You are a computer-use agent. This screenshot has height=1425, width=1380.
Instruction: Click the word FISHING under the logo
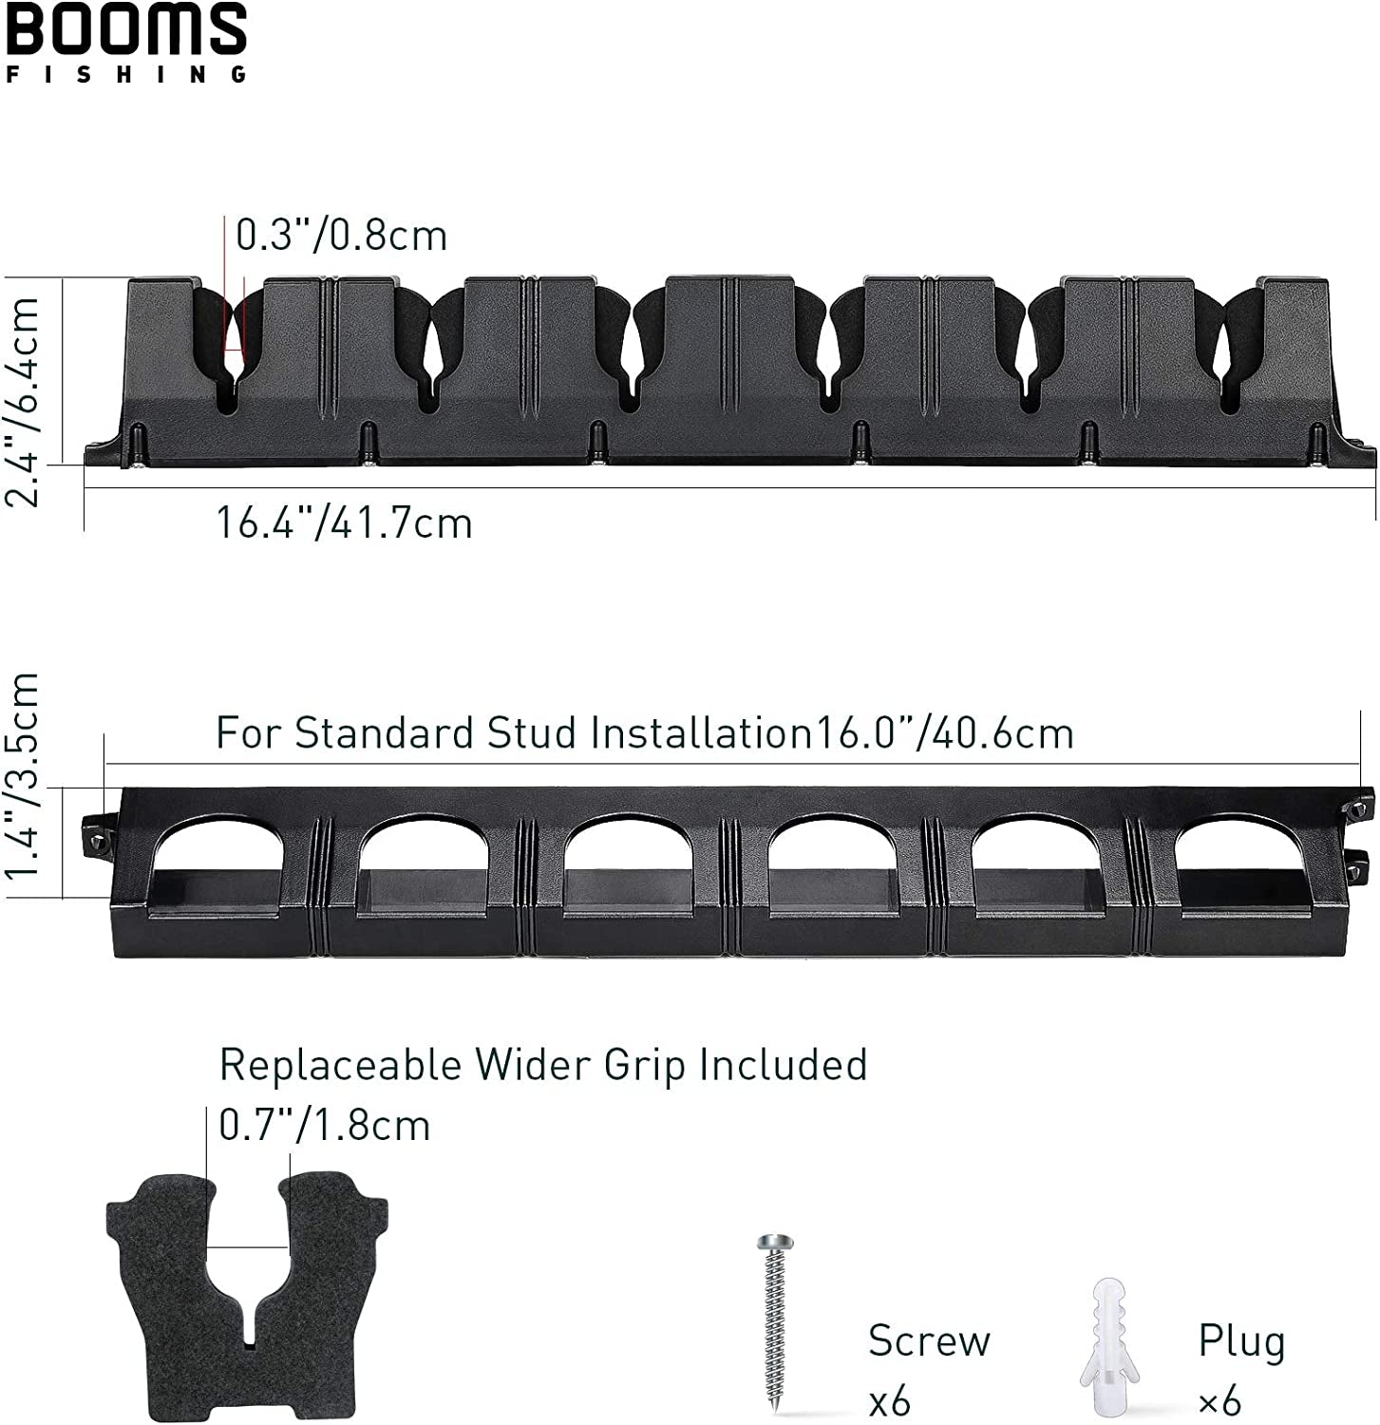click(x=126, y=74)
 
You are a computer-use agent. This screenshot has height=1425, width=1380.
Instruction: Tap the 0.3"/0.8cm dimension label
click(x=341, y=236)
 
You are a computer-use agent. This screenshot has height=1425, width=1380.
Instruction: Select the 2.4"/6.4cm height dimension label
click(x=25, y=401)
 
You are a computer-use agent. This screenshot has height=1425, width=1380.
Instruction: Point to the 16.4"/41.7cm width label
click(x=344, y=523)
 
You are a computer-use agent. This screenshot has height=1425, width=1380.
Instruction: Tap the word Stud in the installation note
click(x=531, y=733)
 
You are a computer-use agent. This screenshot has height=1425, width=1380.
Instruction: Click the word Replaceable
click(x=340, y=1065)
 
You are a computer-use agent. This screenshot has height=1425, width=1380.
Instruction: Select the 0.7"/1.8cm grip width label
click(x=324, y=1126)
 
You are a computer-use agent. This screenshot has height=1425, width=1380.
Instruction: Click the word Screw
click(x=928, y=1340)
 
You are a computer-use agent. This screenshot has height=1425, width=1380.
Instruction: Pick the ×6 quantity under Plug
click(x=1219, y=1401)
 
